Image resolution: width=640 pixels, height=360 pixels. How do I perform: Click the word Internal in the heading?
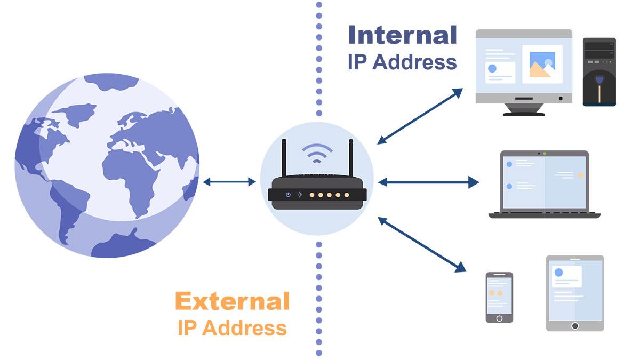tap(402, 35)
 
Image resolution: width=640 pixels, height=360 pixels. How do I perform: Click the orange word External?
tap(232, 301)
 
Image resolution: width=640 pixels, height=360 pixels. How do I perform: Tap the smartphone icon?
tap(499, 297)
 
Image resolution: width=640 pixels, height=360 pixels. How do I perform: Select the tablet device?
tap(575, 293)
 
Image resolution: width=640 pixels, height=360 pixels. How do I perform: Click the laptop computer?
tap(544, 184)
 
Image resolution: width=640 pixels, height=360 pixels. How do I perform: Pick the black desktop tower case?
tap(599, 71)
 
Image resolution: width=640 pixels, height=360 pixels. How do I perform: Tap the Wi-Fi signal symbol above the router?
tap(317, 154)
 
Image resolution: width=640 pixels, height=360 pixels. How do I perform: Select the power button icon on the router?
tap(288, 195)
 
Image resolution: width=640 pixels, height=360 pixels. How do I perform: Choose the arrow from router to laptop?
tap(428, 182)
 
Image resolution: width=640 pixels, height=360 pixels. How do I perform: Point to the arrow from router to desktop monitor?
tap(420, 116)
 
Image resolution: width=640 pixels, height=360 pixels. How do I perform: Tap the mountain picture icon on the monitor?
tap(542, 65)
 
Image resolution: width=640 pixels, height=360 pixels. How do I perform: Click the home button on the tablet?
tap(575, 325)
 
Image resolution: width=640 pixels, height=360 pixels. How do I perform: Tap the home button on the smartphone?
tap(499, 318)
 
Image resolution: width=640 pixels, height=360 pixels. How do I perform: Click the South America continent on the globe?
tap(67, 205)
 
